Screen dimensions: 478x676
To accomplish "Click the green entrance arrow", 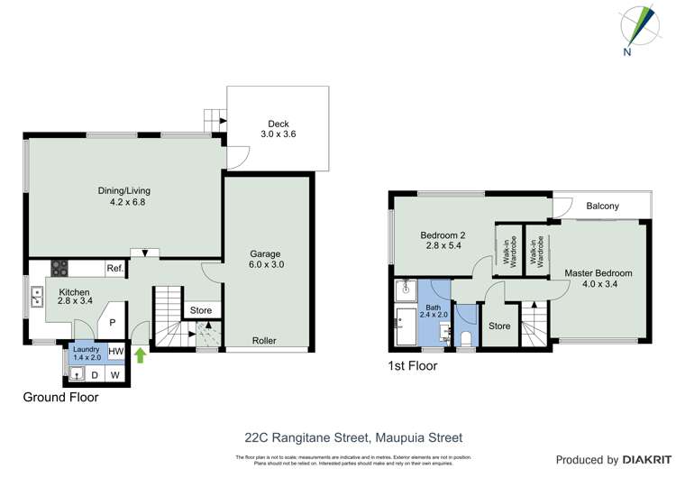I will [140, 354].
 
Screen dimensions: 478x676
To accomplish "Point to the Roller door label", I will [264, 341].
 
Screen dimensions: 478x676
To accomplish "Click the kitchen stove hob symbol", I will [60, 267].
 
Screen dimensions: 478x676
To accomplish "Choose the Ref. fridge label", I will [114, 268].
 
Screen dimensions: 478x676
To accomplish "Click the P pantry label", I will [114, 323].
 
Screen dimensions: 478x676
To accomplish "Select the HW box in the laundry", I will [116, 351].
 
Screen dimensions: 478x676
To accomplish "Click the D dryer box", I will [94, 374].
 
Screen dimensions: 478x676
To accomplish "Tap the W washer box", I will [115, 374].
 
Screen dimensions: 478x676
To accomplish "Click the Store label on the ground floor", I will [201, 310].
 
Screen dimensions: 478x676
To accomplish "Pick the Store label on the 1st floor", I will [498, 326].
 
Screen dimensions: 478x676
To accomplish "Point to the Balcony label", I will [602, 207].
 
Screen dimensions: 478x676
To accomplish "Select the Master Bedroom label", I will [598, 273].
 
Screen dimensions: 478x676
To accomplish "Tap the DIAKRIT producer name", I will [643, 460].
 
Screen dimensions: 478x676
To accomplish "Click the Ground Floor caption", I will [61, 397].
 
